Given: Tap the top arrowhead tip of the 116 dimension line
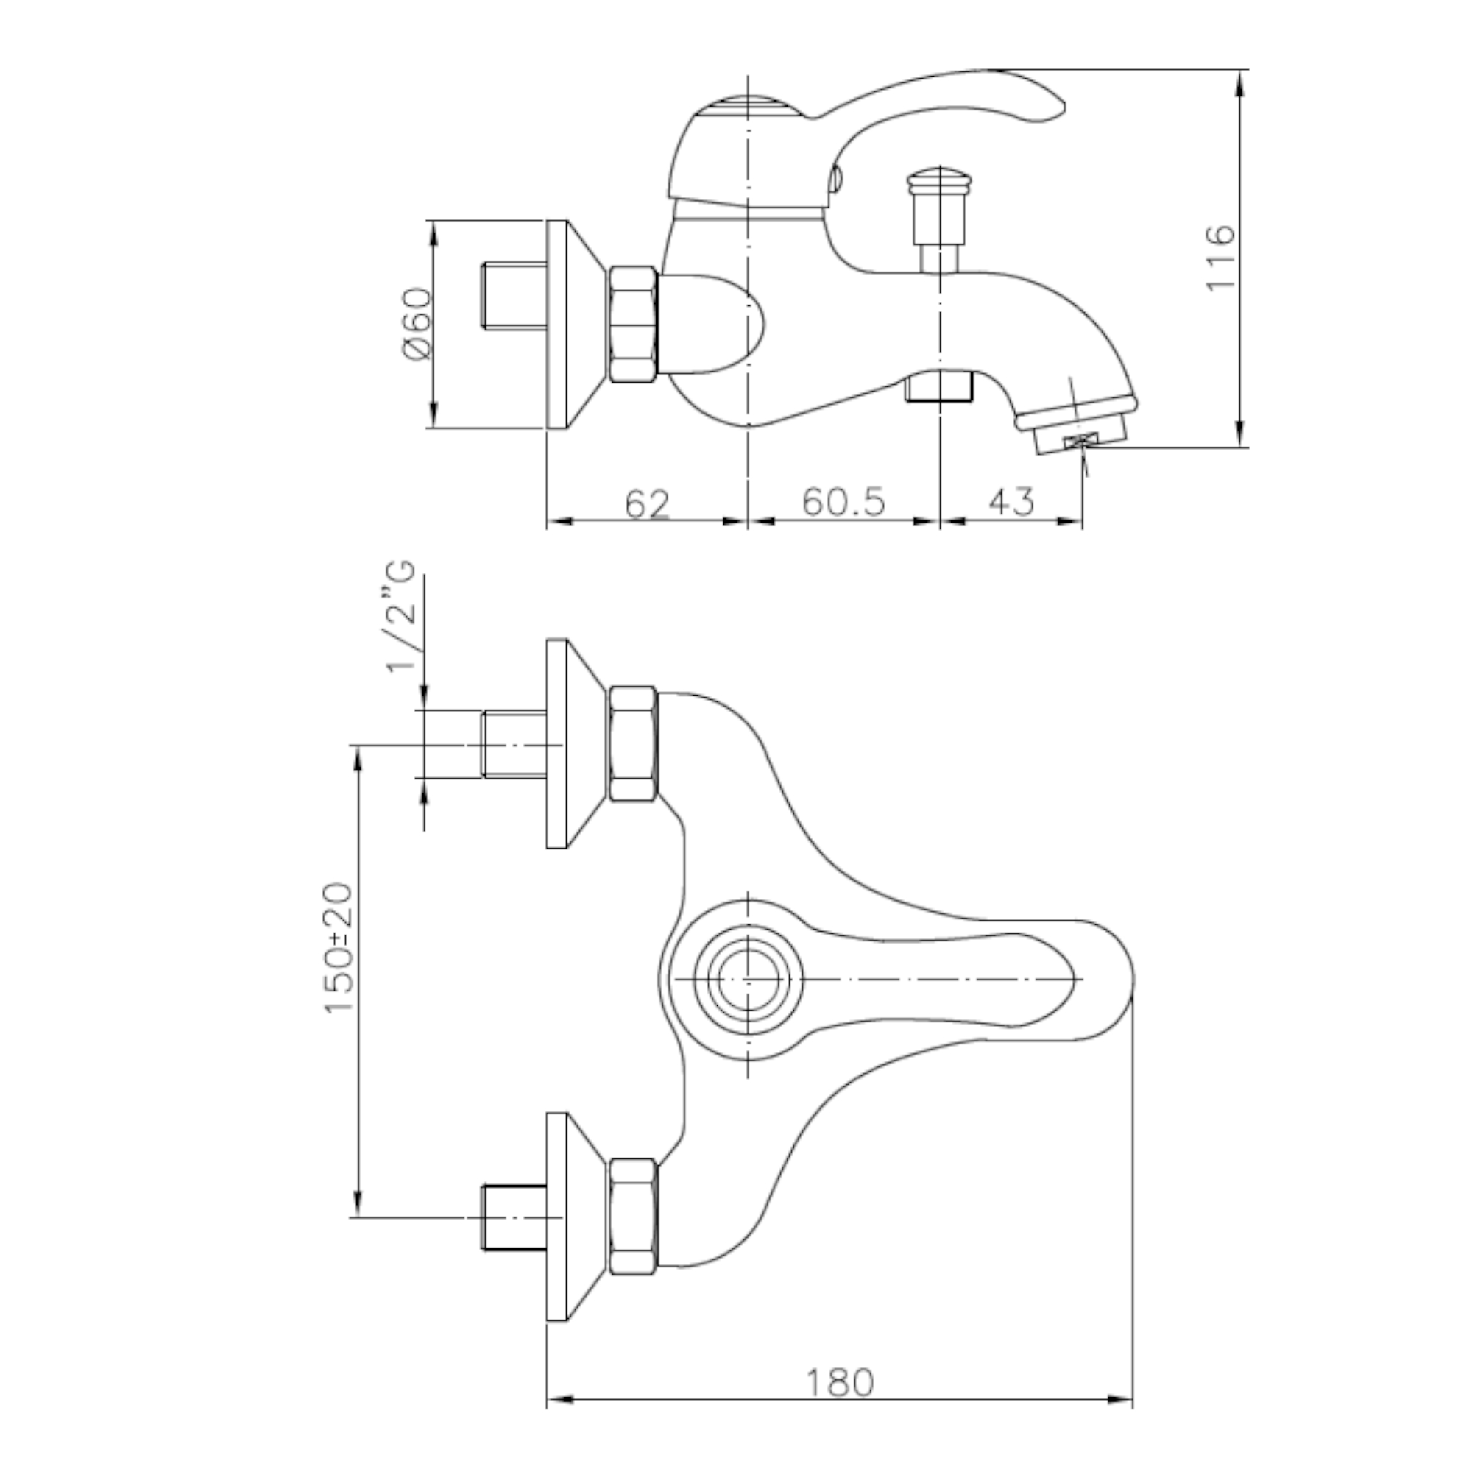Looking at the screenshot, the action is pyautogui.click(x=1240, y=71).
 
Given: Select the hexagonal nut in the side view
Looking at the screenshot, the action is pyautogui.click(x=632, y=324).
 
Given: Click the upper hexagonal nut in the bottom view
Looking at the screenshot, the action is pyautogui.click(x=632, y=743).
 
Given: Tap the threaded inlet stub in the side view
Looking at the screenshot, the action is pyautogui.click(x=514, y=297).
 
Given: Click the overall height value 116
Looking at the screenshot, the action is pyautogui.click(x=1219, y=256).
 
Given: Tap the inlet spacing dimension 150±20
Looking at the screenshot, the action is pyautogui.click(x=339, y=948).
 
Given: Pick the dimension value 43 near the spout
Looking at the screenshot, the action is pyautogui.click(x=1011, y=501).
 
